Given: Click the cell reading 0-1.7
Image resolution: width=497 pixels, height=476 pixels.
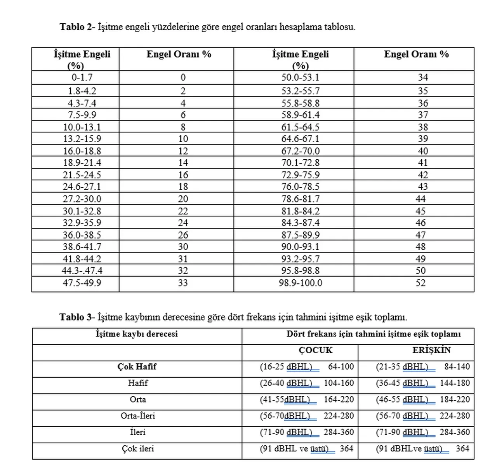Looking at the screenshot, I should (82, 78).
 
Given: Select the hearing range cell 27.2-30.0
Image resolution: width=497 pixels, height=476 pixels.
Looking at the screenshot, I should (82, 199).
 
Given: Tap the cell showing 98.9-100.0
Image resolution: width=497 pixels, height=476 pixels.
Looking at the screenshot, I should (300, 283).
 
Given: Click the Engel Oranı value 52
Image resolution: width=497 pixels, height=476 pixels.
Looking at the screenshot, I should (421, 283).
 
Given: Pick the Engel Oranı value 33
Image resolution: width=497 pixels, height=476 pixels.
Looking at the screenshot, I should (183, 283).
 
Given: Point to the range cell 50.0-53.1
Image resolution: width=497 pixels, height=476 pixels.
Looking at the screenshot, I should (300, 78).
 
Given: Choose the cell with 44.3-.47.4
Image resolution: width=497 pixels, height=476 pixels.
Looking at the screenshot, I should (82, 270).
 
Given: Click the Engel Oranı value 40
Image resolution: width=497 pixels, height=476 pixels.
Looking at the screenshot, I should (423, 151).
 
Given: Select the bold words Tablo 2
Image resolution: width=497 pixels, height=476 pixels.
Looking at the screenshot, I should (75, 27).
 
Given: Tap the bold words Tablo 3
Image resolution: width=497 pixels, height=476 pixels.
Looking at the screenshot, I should (75, 317).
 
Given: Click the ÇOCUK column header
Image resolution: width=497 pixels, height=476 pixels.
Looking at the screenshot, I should (315, 350).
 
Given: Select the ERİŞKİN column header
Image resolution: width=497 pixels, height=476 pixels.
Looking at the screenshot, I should (431, 350).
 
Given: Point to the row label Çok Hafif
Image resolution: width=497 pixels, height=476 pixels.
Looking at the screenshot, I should (137, 367).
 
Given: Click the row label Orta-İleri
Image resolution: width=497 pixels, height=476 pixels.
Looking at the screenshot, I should (138, 416).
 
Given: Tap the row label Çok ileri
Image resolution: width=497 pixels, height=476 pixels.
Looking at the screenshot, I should (138, 449).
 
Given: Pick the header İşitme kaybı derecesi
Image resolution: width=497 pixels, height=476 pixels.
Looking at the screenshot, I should (137, 334).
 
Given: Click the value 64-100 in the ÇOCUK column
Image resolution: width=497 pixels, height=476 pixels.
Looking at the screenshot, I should (341, 367).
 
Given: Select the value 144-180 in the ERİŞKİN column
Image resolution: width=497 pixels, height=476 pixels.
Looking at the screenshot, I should (455, 383).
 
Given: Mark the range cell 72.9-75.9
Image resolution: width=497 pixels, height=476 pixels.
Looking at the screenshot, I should (300, 175).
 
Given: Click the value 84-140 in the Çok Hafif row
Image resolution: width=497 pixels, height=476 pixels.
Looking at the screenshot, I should (457, 367).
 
